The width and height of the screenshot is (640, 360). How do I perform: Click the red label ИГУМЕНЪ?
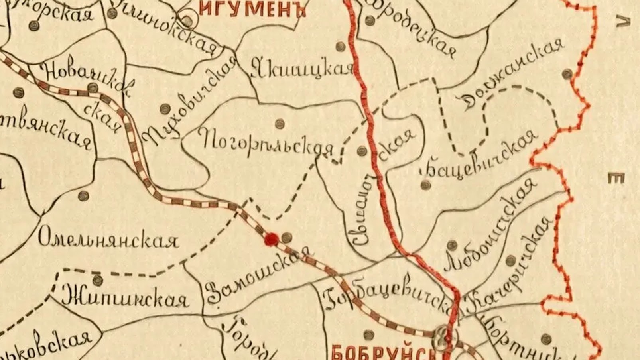(x=252, y=9)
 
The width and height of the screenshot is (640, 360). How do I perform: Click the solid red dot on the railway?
(x=272, y=239)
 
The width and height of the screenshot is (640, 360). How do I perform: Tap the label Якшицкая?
(x=303, y=70)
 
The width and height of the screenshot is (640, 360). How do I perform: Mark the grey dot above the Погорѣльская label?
(x=280, y=124)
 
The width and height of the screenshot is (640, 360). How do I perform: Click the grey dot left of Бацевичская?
(x=425, y=185)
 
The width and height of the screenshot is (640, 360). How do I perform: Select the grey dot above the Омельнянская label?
(x=83, y=196)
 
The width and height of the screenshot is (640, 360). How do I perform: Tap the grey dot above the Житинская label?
(x=97, y=279)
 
